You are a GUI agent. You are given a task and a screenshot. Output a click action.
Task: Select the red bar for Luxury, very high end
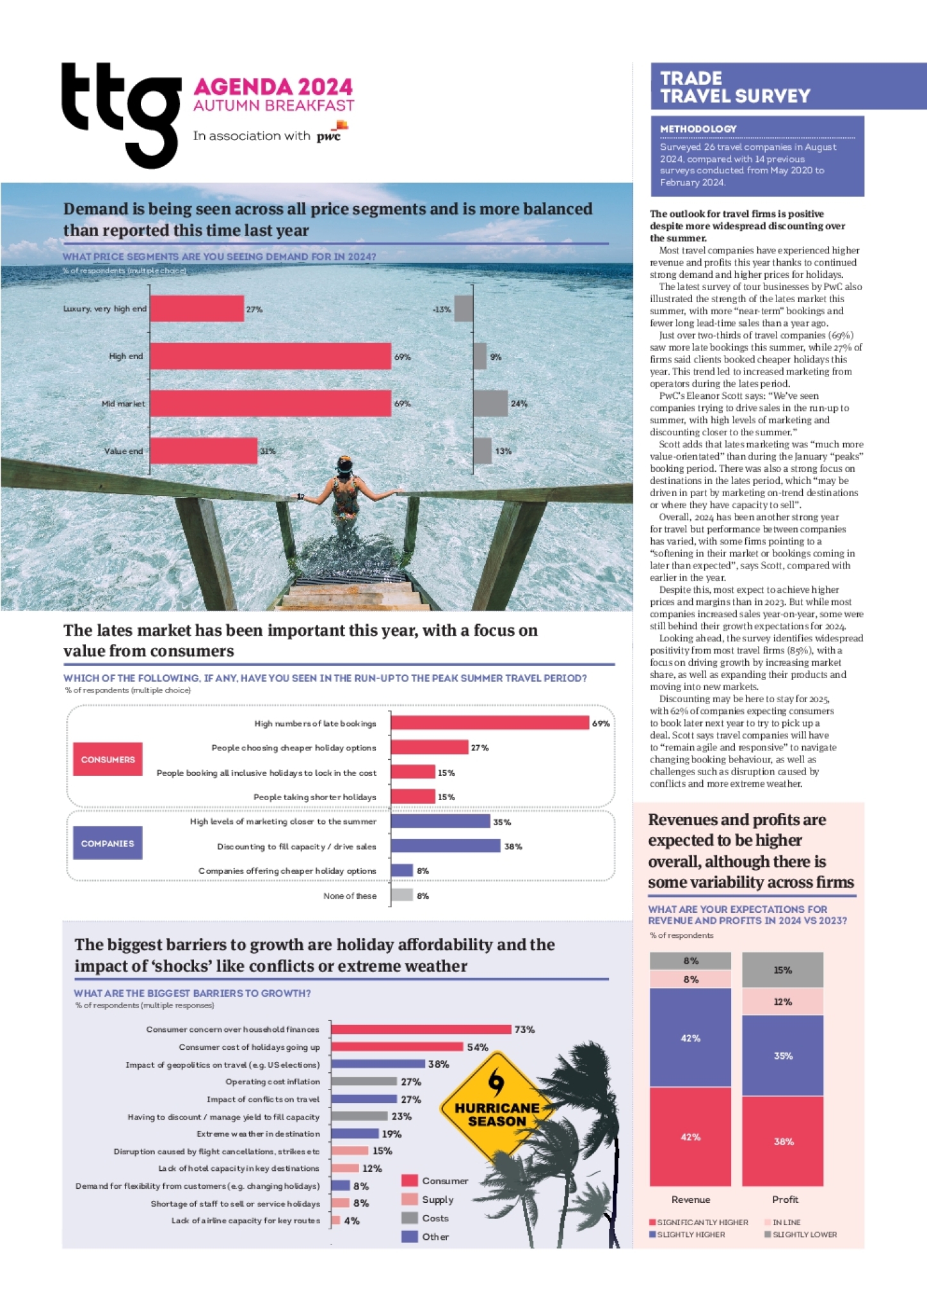pos(197,309)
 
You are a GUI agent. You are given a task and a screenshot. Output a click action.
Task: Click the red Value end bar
pos(204,451)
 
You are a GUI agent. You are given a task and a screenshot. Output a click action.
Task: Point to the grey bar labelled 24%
pos(490,404)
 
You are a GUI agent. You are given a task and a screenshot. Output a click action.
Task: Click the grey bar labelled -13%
pos(463,309)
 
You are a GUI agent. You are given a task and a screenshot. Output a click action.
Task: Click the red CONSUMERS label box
pos(108,759)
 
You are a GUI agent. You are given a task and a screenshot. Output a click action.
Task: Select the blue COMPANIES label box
pos(108,843)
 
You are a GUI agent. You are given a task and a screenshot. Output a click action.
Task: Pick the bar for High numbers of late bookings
pos(490,723)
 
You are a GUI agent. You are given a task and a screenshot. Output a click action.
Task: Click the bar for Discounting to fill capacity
pos(446,846)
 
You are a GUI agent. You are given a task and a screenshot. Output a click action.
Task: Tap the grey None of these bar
pos(402,895)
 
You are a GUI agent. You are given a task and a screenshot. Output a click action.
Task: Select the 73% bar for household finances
pos(421,1029)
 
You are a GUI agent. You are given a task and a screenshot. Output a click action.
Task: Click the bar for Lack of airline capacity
pos(336,1220)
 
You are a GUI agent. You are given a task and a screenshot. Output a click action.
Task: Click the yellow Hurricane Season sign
pos(496,1107)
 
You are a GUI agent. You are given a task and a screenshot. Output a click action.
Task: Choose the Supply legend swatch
pos(410,1199)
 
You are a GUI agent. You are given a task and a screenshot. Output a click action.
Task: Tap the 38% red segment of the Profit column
pos(782,1141)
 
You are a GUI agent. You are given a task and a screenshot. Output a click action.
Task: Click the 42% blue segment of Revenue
pos(690,1038)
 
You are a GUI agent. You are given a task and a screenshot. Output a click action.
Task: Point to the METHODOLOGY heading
pos(698,129)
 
